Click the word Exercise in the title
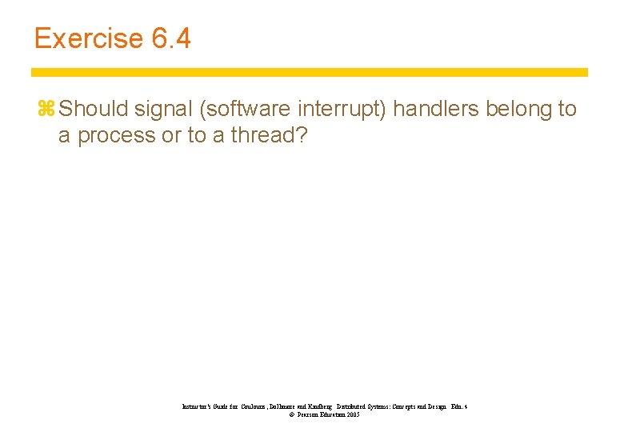click(88, 38)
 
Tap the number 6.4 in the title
click(170, 38)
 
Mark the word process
click(115, 136)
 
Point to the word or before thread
click(171, 136)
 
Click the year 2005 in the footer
click(353, 415)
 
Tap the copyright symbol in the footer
click(281, 415)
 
